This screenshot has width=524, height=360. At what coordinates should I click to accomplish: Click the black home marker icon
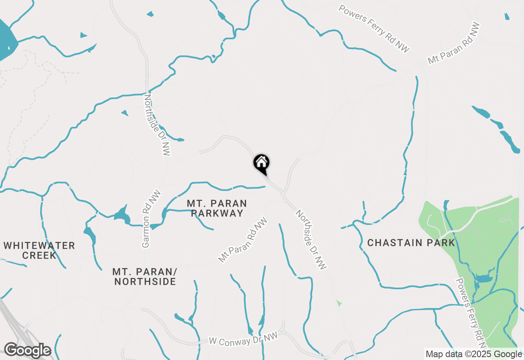click(262, 163)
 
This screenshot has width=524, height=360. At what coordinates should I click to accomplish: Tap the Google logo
click(27, 351)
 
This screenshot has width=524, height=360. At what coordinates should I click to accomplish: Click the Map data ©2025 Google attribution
click(474, 354)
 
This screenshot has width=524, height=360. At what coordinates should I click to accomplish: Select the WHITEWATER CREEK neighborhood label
click(39, 250)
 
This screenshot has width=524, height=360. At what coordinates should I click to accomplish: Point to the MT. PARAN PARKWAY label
click(217, 208)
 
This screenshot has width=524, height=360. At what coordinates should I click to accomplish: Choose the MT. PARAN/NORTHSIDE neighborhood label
click(145, 277)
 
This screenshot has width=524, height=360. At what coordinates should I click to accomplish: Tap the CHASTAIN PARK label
click(411, 243)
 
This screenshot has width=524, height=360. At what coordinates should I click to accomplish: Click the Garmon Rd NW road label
click(151, 219)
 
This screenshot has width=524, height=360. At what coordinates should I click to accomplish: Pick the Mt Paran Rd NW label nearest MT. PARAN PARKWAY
click(243, 240)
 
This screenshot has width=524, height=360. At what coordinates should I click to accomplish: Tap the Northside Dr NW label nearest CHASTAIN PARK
click(311, 240)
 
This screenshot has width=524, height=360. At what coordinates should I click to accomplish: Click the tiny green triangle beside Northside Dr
click(339, 303)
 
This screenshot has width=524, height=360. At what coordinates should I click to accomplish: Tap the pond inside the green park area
click(483, 279)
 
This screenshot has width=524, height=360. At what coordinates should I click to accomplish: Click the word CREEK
click(39, 256)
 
